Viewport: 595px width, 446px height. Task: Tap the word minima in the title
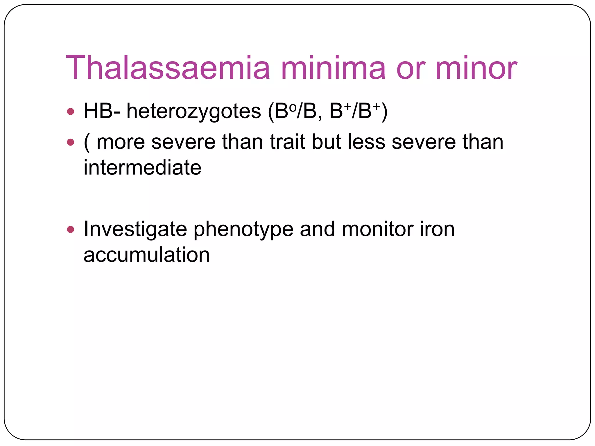tap(333, 68)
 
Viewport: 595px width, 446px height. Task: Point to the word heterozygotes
tap(194, 112)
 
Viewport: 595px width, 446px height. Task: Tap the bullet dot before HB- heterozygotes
tap(70, 111)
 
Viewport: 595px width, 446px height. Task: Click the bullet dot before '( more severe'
tap(70, 142)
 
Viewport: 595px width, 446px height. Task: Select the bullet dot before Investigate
tap(70, 230)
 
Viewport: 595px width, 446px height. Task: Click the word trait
tap(288, 142)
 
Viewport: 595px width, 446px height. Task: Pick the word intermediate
tap(142, 168)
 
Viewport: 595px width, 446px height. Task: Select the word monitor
tap(377, 229)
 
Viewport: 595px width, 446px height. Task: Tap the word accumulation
tap(146, 255)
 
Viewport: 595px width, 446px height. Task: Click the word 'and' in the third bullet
tap(318, 229)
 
